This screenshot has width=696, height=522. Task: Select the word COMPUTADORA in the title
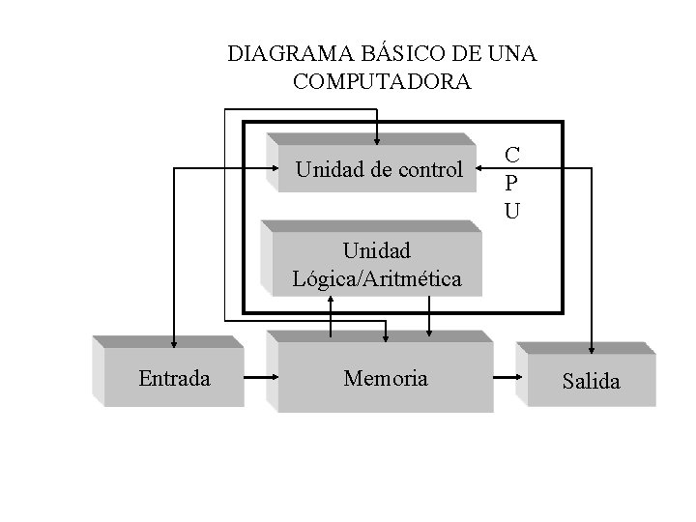[x=382, y=82]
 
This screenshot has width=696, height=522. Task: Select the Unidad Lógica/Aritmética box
[x=376, y=263]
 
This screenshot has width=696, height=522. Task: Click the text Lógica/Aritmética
[x=376, y=279]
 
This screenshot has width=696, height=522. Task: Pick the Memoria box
[x=385, y=378]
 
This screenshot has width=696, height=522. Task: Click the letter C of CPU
[x=512, y=155]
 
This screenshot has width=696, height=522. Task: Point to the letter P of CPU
[x=512, y=182]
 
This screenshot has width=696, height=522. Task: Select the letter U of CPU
[x=512, y=209]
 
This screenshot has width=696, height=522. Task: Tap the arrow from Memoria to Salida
[x=504, y=378]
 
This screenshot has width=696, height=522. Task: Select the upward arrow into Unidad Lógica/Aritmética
[x=331, y=301]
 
